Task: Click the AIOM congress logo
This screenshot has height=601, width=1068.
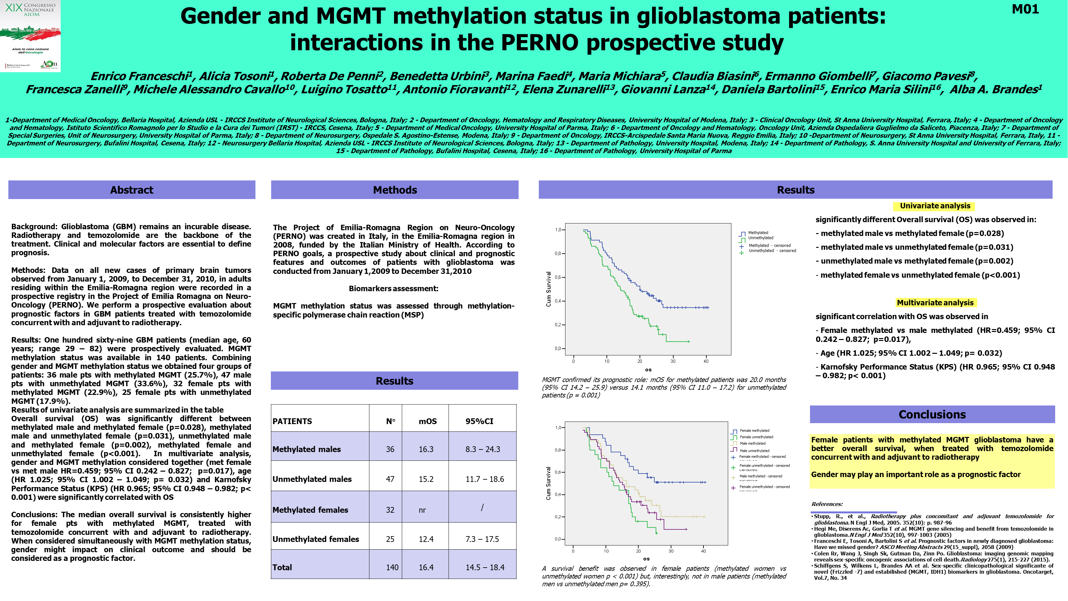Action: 30,36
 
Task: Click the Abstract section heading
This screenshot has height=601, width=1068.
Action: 132,190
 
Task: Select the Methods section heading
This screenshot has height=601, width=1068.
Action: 395,190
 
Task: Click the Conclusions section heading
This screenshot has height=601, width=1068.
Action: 932,414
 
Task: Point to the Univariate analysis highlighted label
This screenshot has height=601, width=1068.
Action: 935,206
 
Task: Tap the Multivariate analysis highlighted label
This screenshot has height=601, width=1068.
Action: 935,303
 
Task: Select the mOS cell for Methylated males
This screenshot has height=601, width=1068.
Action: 426,449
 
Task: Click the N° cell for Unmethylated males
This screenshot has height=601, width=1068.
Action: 390,479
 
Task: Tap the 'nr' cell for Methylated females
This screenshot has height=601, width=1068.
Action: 422,510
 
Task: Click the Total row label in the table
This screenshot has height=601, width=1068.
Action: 282,567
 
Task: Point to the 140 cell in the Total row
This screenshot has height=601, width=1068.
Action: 392,567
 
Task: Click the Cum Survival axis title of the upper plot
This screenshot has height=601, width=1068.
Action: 548,289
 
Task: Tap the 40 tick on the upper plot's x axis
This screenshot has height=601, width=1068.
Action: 706,361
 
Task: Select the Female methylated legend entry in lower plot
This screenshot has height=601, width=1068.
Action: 754,431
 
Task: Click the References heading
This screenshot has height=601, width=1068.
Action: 827,504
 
